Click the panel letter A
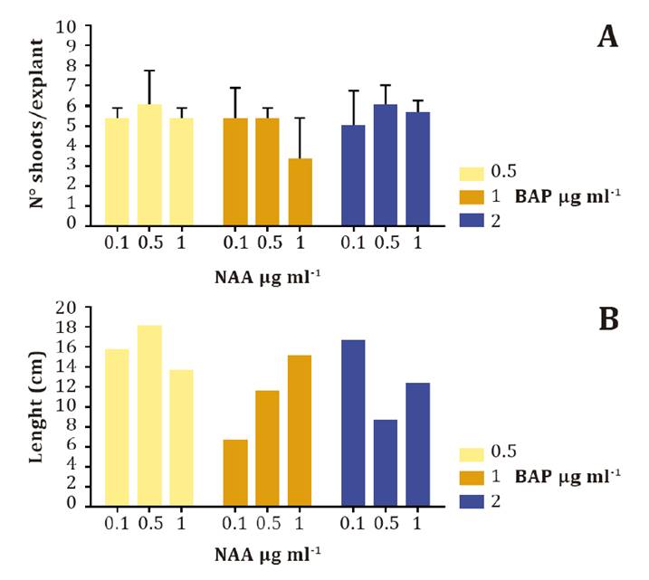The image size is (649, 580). [607, 38]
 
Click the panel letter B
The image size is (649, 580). [608, 320]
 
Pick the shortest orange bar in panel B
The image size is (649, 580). [235, 472]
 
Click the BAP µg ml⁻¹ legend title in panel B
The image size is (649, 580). [569, 476]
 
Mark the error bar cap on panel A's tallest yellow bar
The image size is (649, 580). [150, 71]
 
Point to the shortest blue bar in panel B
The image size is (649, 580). [386, 462]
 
